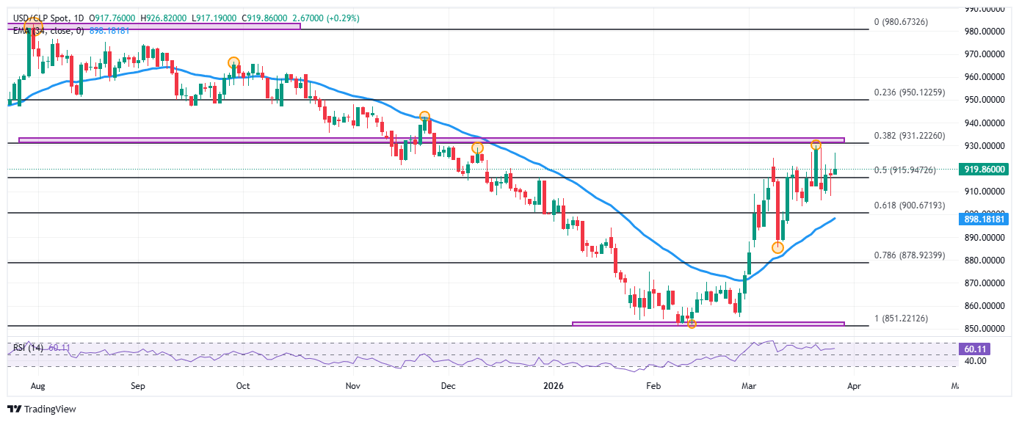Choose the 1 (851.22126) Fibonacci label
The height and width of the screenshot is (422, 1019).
coord(902,319)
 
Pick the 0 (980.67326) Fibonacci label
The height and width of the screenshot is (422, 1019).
coord(902,23)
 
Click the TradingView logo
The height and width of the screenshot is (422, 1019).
coord(42,409)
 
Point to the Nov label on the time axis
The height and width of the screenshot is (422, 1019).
coord(353,385)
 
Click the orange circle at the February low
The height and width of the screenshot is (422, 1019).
coord(691,323)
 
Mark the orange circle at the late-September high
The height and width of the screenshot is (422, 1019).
coord(233,62)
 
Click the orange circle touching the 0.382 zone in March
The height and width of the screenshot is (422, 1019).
coord(816,145)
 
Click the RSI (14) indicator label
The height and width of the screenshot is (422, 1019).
coord(27,347)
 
